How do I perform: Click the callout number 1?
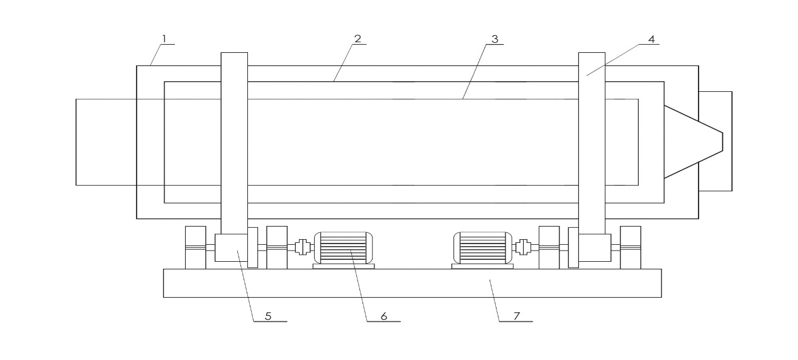pyautogui.click(x=164, y=38)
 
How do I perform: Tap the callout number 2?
pyautogui.click(x=357, y=38)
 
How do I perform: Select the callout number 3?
pyautogui.click(x=495, y=39)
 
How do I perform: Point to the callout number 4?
pyautogui.click(x=651, y=39)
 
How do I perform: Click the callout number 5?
pyautogui.click(x=268, y=316)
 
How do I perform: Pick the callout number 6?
pyautogui.click(x=384, y=316)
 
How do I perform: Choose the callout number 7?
pyautogui.click(x=517, y=316)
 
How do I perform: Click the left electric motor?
pyautogui.click(x=344, y=248)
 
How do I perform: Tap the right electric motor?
pyautogui.click(x=483, y=248)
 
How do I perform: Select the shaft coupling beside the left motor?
pyautogui.click(x=303, y=247)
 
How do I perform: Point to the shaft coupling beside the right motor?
pyautogui.click(x=523, y=247)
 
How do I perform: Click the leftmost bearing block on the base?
pyautogui.click(x=196, y=247)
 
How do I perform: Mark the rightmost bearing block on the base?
pyautogui.click(x=631, y=247)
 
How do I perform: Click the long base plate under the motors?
pyautogui.click(x=413, y=283)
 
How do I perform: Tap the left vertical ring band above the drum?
pyautogui.click(x=234, y=143)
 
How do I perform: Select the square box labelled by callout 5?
pyautogui.click(x=231, y=248)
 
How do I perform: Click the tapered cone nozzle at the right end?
pyautogui.click(x=694, y=142)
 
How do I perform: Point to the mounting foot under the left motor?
pyautogui.click(x=344, y=266)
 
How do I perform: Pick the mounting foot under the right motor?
pyautogui.click(x=482, y=266)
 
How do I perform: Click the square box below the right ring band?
pyautogui.click(x=595, y=248)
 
